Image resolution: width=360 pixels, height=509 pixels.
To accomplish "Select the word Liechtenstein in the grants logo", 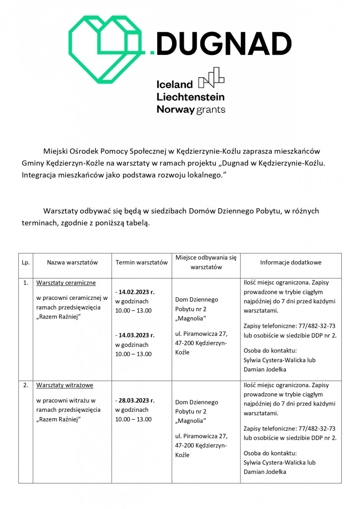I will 190,97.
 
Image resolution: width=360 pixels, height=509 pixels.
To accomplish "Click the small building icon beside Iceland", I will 211,78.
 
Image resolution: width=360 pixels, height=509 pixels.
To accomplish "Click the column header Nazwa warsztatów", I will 73,263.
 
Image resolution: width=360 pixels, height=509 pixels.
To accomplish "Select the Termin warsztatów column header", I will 142,263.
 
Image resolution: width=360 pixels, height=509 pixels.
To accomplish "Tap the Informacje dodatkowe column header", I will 290,263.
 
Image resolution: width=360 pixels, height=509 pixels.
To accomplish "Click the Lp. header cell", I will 25,263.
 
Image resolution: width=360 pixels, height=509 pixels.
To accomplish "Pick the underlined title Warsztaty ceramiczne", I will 66,283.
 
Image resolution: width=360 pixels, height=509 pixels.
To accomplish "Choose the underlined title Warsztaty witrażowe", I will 65,386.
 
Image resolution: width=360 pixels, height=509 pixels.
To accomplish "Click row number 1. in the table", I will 25,283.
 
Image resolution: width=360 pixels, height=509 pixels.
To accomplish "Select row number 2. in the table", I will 25,386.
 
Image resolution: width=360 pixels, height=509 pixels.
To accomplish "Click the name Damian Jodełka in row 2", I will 265,472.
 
